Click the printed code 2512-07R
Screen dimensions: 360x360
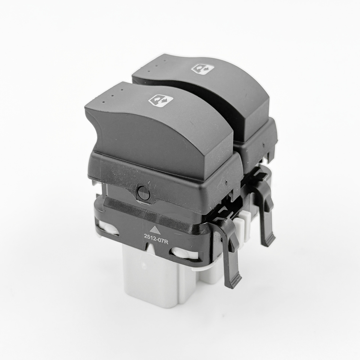tap(155, 237)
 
